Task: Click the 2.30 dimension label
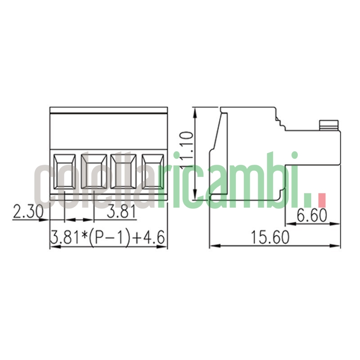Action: point(27,212)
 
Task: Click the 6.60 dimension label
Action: point(312,216)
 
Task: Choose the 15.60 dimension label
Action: point(270,237)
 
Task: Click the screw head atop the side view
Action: point(328,125)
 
